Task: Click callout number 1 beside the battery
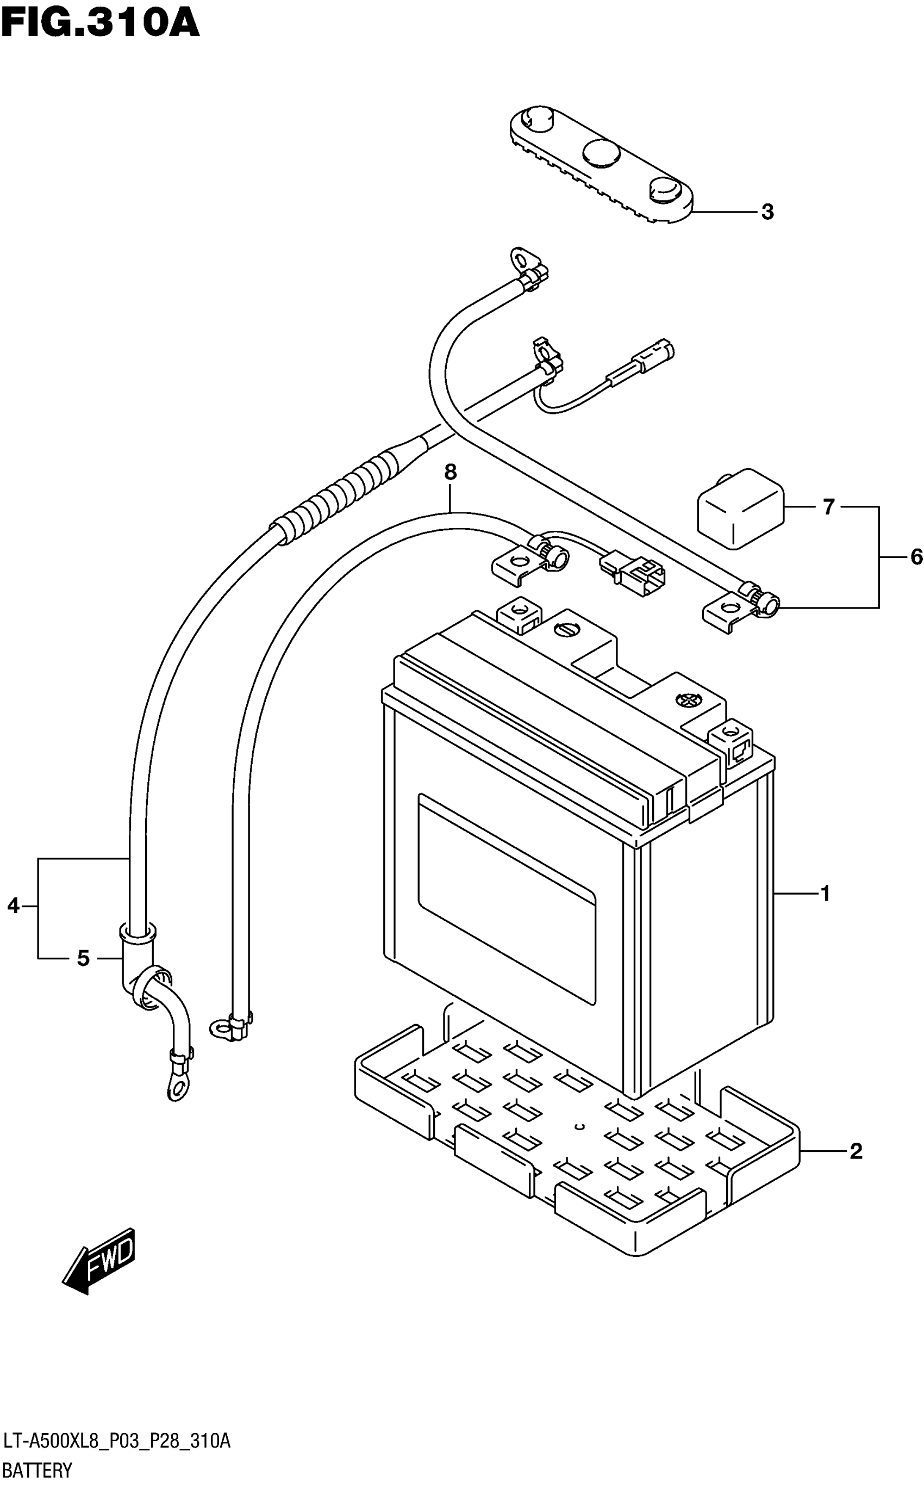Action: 826,894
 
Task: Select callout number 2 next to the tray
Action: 856,1151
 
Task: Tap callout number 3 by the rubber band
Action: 767,212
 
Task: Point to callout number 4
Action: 14,906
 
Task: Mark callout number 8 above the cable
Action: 451,472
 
